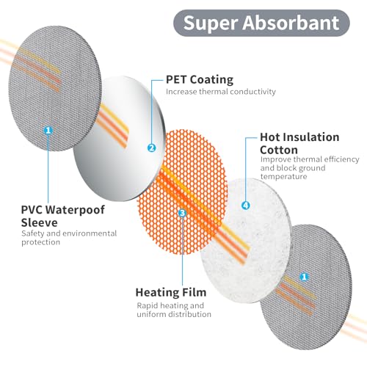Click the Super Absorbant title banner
tap(261, 23)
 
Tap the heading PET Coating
tap(200, 80)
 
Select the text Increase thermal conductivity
tap(221, 92)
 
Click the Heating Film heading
tap(171, 292)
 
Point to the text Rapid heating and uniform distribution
tap(174, 310)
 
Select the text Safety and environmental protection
tap(69, 238)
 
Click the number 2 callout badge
tap(152, 148)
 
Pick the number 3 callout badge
tap(183, 213)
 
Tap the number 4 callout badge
tap(246, 205)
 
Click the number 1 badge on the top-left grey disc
tap(48, 130)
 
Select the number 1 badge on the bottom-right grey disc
tap(304, 277)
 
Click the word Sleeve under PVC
tap(39, 222)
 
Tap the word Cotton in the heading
tap(279, 150)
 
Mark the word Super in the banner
tap(211, 23)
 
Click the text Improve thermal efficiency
tap(310, 159)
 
